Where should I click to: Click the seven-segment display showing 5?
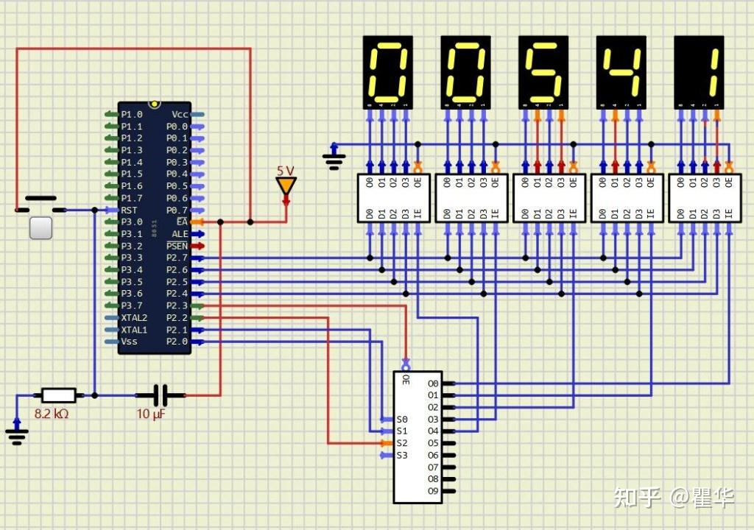(x=543, y=72)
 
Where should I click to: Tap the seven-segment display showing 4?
(x=620, y=72)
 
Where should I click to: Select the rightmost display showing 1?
(x=699, y=72)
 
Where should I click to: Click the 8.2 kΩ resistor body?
(x=58, y=395)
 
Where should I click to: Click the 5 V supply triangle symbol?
(x=286, y=185)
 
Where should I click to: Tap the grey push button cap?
(x=40, y=227)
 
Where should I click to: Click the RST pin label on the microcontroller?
(x=130, y=210)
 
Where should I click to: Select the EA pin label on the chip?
(x=181, y=222)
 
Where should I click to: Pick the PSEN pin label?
(x=177, y=246)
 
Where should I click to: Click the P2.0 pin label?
(x=177, y=342)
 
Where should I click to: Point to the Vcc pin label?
(x=180, y=114)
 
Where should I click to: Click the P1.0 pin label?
(x=132, y=114)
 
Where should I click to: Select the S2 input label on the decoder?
(x=401, y=443)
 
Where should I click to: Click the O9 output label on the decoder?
(x=433, y=491)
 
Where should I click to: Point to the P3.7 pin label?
(x=132, y=305)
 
